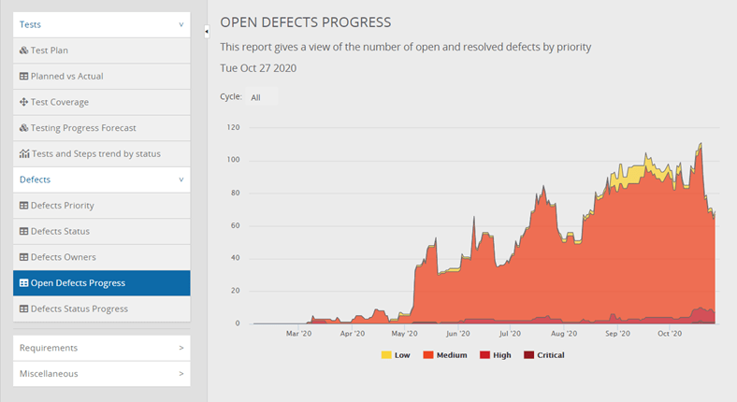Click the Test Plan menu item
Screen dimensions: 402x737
pyautogui.click(x=50, y=50)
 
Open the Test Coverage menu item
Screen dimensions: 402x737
pyautogui.click(x=59, y=102)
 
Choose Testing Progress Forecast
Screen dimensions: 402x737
pyautogui.click(x=82, y=128)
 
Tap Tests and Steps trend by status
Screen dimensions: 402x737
pyautogui.click(x=94, y=153)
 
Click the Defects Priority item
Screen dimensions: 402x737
pyautogui.click(x=62, y=205)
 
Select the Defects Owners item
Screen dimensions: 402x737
pyautogui.click(x=63, y=257)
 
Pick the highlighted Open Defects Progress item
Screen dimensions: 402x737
pyautogui.click(x=78, y=282)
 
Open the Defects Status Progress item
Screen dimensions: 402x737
pyautogui.click(x=79, y=309)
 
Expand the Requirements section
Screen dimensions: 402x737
pyautogui.click(x=101, y=348)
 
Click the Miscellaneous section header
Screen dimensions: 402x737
pyautogui.click(x=101, y=373)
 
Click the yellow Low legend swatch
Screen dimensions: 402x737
pyautogui.click(x=386, y=355)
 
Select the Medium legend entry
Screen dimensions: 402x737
pyautogui.click(x=446, y=355)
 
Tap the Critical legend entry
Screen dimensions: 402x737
pyautogui.click(x=550, y=355)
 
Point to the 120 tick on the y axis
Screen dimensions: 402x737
pyautogui.click(x=234, y=127)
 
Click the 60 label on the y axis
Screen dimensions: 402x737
pyautogui.click(x=236, y=225)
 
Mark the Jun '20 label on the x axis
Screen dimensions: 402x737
pyautogui.click(x=458, y=333)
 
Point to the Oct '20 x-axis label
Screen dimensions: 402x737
pyautogui.click(x=671, y=333)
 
